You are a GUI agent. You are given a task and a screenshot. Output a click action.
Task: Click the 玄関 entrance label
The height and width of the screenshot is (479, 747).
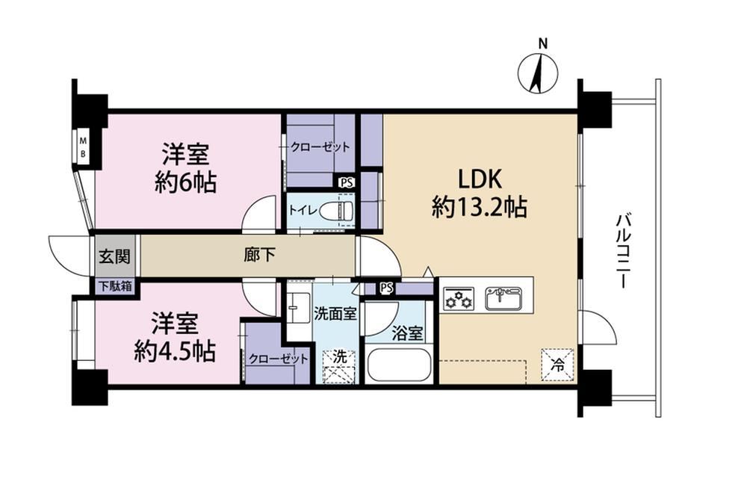pos(114,256)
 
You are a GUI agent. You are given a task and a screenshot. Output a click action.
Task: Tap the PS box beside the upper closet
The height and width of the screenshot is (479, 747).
pos(346,182)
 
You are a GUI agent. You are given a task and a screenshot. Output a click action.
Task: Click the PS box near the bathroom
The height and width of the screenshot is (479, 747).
pos(386,288)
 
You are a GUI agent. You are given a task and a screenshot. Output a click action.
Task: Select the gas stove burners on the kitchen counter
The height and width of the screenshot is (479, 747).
pos(459,298)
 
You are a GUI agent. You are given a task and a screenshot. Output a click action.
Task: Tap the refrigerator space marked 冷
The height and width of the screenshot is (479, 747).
pos(557,365)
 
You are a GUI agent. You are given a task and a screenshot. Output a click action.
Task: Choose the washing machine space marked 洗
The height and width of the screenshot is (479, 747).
pos(339,366)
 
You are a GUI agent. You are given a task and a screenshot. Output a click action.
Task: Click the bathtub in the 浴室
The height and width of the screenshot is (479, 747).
pos(399,365)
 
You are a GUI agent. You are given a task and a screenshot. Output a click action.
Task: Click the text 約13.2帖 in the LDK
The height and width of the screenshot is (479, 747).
pos(480,207)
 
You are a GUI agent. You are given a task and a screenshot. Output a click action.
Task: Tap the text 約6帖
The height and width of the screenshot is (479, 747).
pos(186,182)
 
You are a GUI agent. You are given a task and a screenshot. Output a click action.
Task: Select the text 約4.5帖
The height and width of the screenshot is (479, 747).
pos(174,351)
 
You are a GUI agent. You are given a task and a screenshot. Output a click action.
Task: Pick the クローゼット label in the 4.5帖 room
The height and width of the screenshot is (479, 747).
pos(278,359)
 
